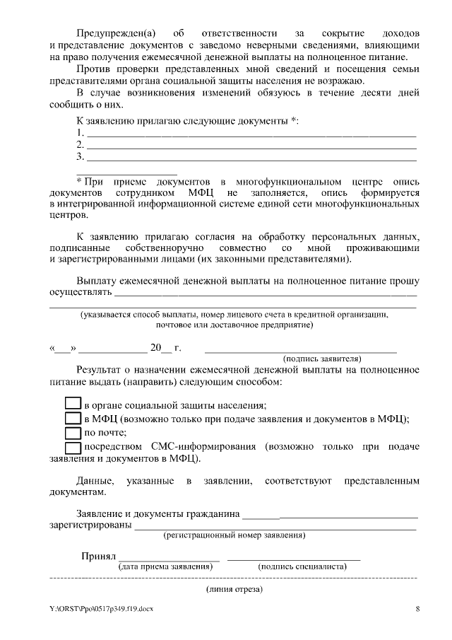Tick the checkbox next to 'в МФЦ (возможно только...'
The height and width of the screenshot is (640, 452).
73,418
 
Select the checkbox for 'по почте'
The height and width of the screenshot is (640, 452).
73,432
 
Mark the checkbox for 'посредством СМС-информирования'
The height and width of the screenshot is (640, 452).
73,447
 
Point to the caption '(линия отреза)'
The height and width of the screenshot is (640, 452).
234,588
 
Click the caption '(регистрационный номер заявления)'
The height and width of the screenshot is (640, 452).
234,535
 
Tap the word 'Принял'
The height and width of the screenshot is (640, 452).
98,556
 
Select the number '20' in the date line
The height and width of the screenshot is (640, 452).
155,348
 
